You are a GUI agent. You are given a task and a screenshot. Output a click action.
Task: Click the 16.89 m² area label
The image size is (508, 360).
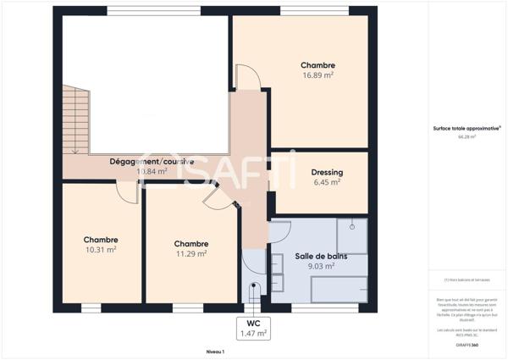coord(317,75)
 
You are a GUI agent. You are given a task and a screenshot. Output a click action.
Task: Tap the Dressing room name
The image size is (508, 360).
coord(326,172)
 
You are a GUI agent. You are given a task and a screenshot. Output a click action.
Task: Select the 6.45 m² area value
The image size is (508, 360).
coord(326,181)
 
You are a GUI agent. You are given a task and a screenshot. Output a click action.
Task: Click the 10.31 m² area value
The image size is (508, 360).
coord(100,250)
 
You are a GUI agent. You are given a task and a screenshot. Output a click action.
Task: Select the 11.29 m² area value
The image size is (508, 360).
coord(190,253)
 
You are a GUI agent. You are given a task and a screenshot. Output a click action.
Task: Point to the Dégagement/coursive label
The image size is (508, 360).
coord(152,161)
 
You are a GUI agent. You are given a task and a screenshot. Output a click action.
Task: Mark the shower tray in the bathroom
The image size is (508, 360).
coord(351,235)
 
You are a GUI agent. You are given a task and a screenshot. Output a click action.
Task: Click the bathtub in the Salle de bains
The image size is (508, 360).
coord(339,289)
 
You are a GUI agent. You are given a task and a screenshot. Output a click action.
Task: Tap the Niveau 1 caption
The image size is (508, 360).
coord(215,351)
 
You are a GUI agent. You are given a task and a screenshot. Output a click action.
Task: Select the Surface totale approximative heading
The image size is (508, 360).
coord(467,128)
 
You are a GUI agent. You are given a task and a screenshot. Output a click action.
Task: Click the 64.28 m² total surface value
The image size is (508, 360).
coord(467,136)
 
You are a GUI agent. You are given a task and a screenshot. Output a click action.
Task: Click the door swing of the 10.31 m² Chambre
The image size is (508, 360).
coord(128,192)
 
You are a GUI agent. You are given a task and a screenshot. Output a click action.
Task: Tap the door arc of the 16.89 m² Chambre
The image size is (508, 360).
coord(248,78)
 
